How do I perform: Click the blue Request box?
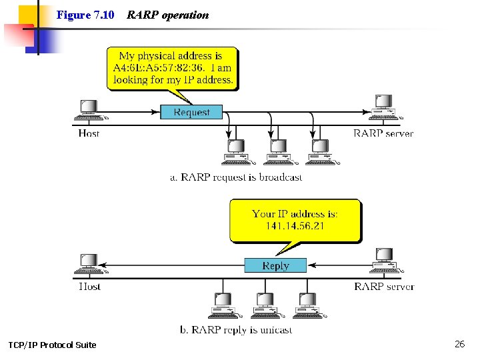click(191, 112)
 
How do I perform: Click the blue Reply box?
click(275, 265)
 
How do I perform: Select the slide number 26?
click(459, 344)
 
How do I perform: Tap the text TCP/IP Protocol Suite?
click(52, 345)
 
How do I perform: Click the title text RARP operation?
click(167, 15)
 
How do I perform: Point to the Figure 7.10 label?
click(85, 15)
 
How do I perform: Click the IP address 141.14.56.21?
click(295, 226)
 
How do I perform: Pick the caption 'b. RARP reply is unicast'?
click(236, 330)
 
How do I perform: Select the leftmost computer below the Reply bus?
click(221, 305)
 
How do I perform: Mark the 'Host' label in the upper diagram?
click(89, 133)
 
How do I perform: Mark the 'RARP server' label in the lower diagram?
click(384, 287)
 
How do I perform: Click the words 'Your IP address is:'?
click(295, 214)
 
